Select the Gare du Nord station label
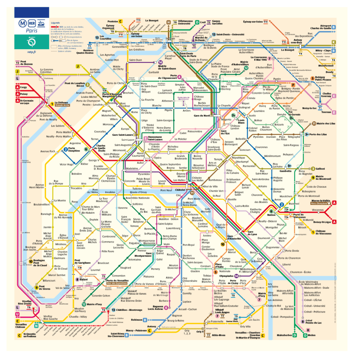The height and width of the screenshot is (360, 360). pos(201,116)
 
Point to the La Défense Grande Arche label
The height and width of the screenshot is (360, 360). pos(62,104)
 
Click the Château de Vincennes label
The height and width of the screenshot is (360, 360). pos(323,232)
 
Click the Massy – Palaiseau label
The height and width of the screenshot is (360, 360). pos(137,331)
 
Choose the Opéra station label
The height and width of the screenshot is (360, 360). pos(158,158)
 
